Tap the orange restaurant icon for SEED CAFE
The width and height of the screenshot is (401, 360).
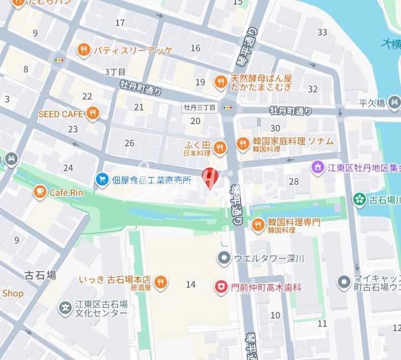pos(92,114)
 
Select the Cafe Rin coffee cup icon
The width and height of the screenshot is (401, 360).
pos(40,192)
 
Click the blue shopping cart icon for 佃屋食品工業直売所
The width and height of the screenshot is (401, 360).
pos(103,179)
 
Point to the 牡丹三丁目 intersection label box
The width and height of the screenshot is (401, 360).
pos(199,107)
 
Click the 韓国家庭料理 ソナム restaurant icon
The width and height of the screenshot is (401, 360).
pos(243,144)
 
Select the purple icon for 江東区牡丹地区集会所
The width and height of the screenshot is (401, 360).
pos(318,167)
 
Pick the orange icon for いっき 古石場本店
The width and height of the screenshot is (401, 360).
pos(161,283)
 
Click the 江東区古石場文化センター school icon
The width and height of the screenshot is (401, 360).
pos(65,308)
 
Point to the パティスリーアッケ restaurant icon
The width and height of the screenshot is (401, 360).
pos(84,50)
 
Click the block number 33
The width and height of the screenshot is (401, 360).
pos(322,32)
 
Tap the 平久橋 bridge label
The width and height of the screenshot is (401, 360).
pos(372,103)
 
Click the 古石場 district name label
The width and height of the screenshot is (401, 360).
pos(40,275)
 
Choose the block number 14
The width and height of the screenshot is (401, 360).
pos(190,285)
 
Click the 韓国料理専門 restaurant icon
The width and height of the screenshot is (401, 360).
pos(258,225)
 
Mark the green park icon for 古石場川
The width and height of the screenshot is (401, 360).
pos(360,199)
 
